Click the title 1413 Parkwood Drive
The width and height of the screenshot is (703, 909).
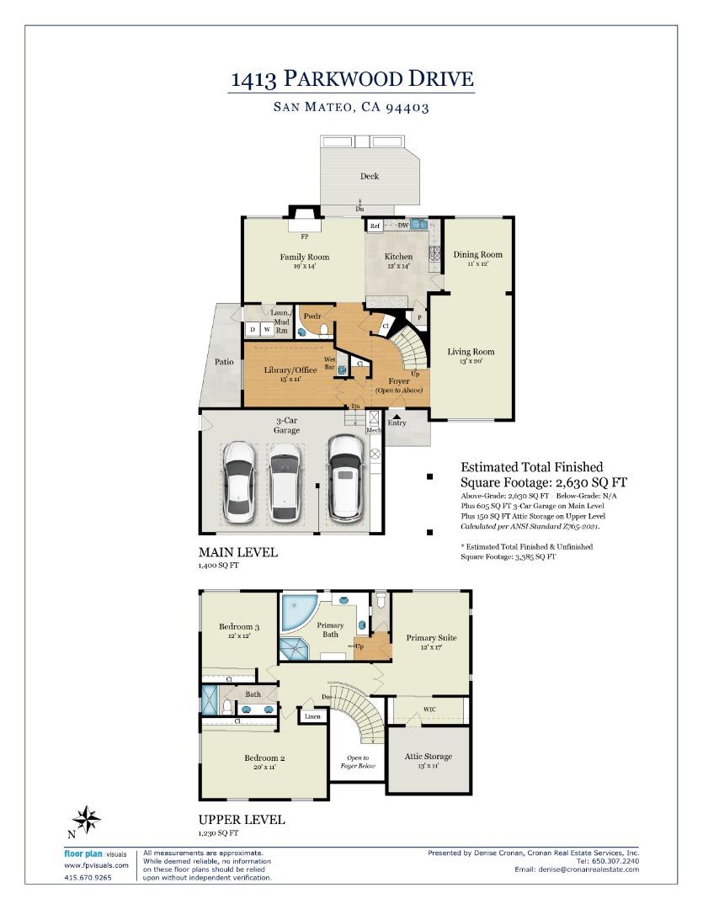[352, 80]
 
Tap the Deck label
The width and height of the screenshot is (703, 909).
[369, 176]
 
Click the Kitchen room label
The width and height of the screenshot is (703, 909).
[398, 257]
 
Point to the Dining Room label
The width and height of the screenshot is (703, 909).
[477, 254]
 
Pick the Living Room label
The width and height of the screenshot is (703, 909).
[471, 352]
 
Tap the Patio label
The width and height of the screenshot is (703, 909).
[224, 361]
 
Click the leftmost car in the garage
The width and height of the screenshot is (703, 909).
[239, 481]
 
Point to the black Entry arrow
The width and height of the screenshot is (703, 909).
[397, 415]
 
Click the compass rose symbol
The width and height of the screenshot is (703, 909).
[87, 818]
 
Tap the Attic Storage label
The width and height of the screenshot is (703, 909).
[428, 757]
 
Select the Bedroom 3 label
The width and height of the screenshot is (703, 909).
[239, 626]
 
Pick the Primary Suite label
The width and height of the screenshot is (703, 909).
[431, 637]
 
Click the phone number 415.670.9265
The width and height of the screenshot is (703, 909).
[87, 878]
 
